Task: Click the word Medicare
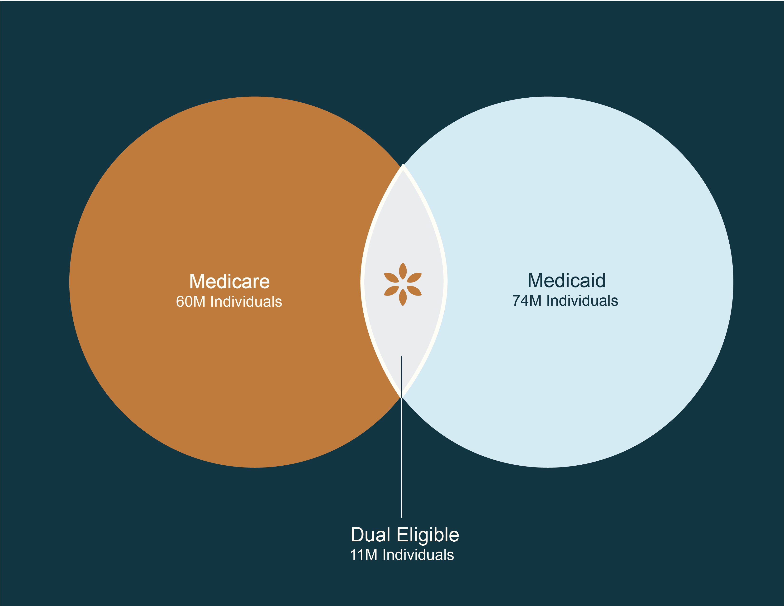(x=229, y=282)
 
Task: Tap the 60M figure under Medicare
(x=191, y=301)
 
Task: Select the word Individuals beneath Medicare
(x=246, y=301)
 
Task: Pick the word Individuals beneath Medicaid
(x=582, y=301)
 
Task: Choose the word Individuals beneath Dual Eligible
(x=418, y=555)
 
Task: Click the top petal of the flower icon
(x=403, y=271)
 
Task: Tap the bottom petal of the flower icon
(x=403, y=297)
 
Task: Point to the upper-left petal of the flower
(x=391, y=277)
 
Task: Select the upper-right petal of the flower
(x=414, y=277)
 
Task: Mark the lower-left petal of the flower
(x=391, y=291)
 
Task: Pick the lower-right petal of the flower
(x=414, y=291)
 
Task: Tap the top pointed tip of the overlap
(x=403, y=164)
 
